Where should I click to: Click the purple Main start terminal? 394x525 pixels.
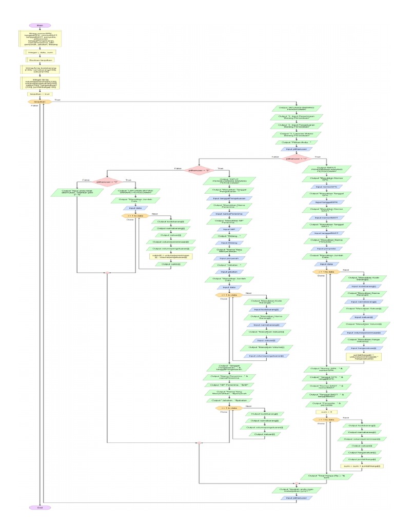click(x=40, y=25)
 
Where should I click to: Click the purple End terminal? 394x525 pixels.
click(x=40, y=508)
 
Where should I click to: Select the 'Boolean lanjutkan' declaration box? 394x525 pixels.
click(x=40, y=59)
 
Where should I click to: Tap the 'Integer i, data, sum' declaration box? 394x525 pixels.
click(x=40, y=52)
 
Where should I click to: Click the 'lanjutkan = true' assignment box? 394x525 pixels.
click(x=40, y=94)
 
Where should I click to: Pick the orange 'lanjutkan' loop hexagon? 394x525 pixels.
click(x=40, y=102)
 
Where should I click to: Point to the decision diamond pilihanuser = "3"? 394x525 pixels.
click(x=107, y=181)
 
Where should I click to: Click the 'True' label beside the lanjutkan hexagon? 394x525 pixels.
click(x=57, y=100)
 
